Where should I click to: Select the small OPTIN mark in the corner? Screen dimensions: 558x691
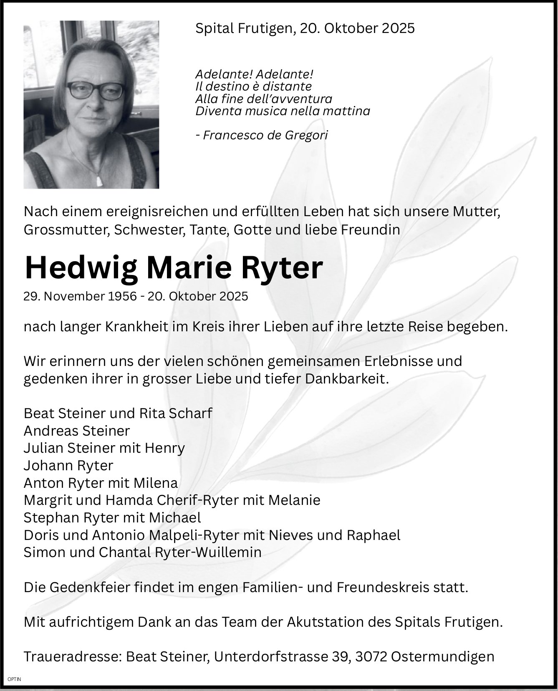click(14, 679)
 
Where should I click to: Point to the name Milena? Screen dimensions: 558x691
click(156, 483)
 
